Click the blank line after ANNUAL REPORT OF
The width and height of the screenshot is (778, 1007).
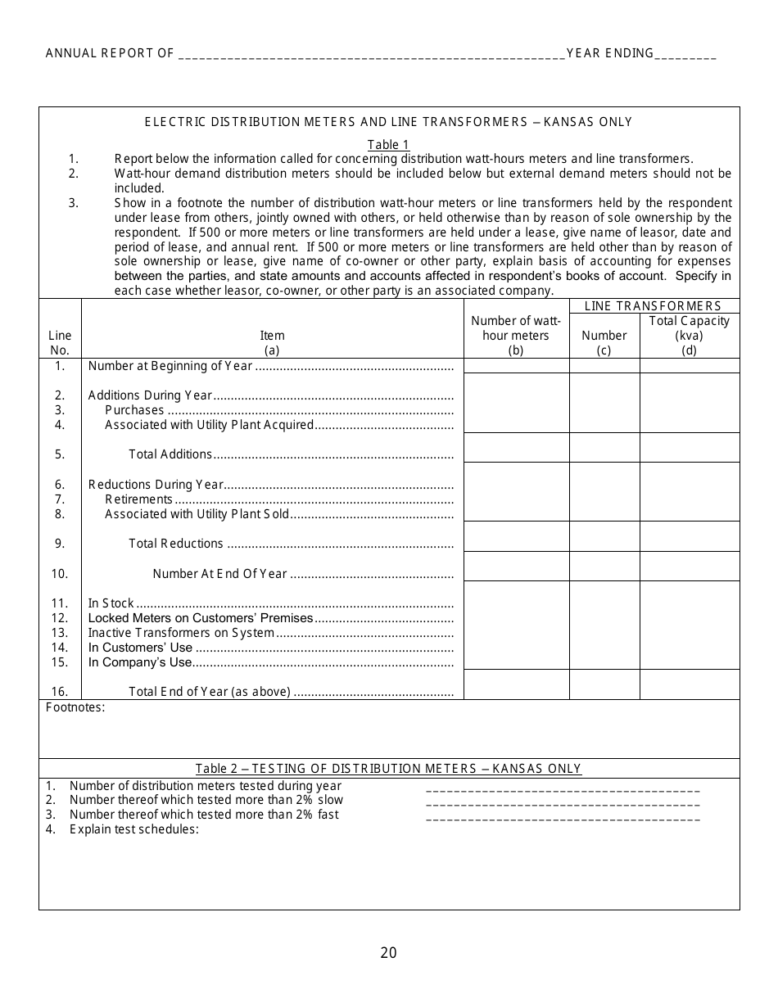tap(370, 56)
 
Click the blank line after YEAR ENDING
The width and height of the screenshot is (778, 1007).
tap(685, 56)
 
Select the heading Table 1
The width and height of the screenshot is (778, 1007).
tap(388, 145)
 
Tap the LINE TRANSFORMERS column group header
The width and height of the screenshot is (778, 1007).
tap(654, 306)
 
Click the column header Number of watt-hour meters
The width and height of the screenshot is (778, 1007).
tap(516, 335)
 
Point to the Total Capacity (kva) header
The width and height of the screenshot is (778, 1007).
tap(689, 335)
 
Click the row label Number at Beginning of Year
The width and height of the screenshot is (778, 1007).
tap(170, 366)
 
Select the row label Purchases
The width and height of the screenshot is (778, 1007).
tap(134, 410)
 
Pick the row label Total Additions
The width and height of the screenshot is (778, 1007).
tap(170, 454)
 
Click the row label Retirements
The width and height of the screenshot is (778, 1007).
tap(138, 499)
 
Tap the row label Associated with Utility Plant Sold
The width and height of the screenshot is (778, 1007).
tap(197, 514)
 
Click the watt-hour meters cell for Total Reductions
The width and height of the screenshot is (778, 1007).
tap(516, 536)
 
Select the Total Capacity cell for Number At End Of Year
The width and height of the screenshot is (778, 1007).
tap(689, 566)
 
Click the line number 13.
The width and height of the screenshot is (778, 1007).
tap(60, 633)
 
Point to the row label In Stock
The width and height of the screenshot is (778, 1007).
tap(111, 603)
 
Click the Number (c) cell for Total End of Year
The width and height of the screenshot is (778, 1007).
tap(604, 684)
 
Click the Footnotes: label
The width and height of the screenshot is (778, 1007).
tap(75, 707)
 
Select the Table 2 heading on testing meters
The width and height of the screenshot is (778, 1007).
tap(388, 769)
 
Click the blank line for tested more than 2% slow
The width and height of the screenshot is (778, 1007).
tap(563, 802)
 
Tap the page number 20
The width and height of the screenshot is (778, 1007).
tap(388, 952)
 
